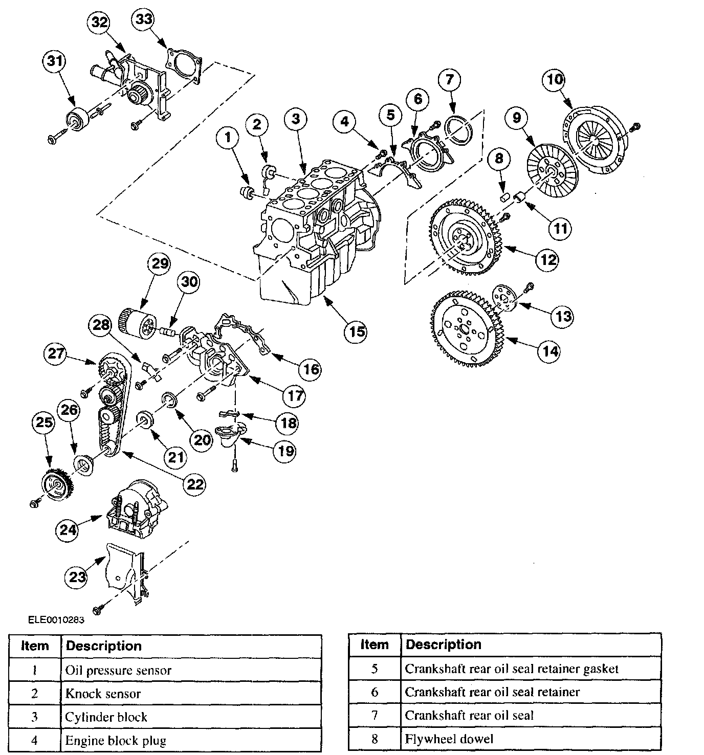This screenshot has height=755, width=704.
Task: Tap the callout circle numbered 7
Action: (x=449, y=79)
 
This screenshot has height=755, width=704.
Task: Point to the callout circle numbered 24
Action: (x=69, y=529)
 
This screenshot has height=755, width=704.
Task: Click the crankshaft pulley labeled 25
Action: (x=55, y=483)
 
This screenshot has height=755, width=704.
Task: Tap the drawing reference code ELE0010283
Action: (x=56, y=620)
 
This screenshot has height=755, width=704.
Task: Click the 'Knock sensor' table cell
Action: (x=103, y=694)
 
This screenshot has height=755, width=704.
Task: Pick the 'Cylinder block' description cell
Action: (x=106, y=717)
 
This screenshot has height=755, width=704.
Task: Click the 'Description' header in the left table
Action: (x=104, y=646)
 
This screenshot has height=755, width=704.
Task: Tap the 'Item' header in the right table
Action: (x=375, y=645)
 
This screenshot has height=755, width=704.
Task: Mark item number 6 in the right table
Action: (x=375, y=692)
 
